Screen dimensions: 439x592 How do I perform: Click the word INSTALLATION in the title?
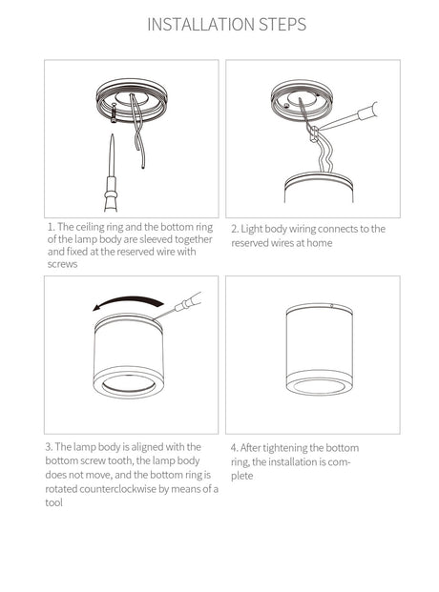pyautogui.click(x=201, y=25)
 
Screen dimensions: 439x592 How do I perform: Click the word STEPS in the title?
pyautogui.click(x=282, y=25)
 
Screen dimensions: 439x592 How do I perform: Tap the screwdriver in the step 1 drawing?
pyautogui.click(x=111, y=173)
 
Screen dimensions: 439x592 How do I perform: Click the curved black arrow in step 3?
pyautogui.click(x=129, y=302)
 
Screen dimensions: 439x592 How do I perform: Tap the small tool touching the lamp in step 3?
pyautogui.click(x=178, y=306)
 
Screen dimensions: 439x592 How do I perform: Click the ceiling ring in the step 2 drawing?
pyautogui.click(x=302, y=100)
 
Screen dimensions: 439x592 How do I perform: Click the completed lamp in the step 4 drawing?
pyautogui.click(x=320, y=349)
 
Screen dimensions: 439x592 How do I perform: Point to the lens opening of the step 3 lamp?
pyautogui.click(x=129, y=384)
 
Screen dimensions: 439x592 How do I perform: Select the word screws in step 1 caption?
pyautogui.click(x=62, y=264)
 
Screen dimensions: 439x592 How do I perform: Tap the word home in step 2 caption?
pyautogui.click(x=319, y=243)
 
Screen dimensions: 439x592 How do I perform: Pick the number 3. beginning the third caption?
pyautogui.click(x=49, y=447)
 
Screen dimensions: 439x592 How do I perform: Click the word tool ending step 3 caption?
pyautogui.click(x=53, y=502)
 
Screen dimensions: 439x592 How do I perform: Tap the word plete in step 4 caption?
pyautogui.click(x=242, y=476)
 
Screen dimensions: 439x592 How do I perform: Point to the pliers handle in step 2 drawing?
pyautogui.click(x=367, y=112)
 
